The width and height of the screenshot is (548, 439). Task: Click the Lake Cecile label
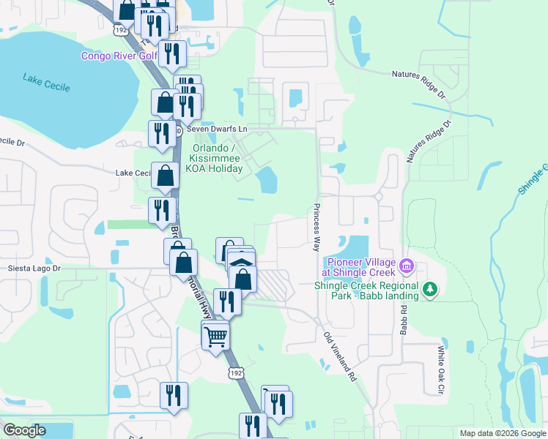(46, 82)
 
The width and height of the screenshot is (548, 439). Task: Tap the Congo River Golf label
(119, 56)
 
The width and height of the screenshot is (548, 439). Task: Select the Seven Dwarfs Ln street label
(218, 129)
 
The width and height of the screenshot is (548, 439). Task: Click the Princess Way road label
(317, 228)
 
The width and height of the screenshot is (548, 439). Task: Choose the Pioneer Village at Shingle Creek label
(361, 268)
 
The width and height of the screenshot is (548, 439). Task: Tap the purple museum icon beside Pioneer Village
(408, 263)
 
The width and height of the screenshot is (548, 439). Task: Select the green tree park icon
(431, 290)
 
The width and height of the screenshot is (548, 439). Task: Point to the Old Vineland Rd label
(341, 357)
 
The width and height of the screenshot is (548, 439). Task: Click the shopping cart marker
(215, 338)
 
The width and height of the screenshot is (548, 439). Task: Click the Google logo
(25, 430)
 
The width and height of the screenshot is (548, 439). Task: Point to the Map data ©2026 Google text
(502, 433)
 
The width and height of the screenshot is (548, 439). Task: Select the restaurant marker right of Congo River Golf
(172, 55)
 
